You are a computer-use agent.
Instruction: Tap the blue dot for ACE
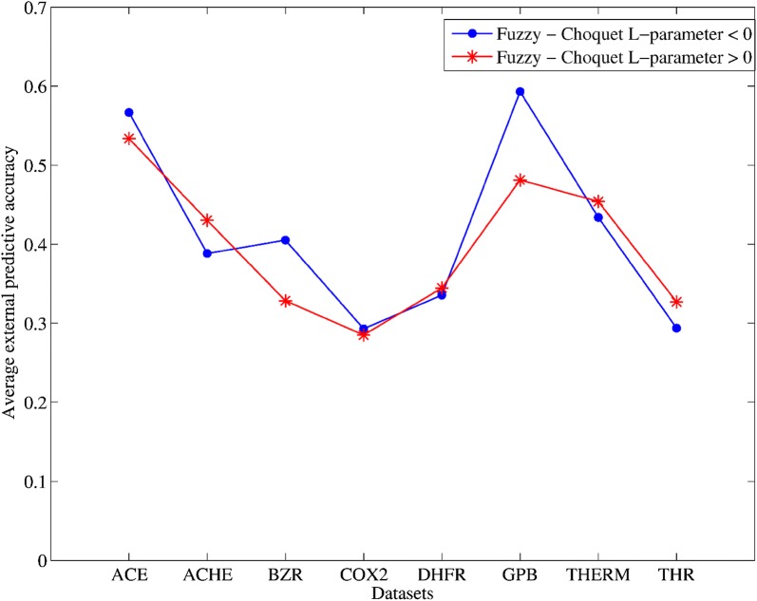click(129, 113)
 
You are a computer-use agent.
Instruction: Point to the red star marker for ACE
click(129, 139)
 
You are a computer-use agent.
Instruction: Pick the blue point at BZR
click(285, 240)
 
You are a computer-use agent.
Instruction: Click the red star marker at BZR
click(285, 301)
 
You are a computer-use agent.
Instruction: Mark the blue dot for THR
click(676, 329)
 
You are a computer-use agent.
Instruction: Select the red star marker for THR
click(676, 302)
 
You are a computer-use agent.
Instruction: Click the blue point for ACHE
click(207, 254)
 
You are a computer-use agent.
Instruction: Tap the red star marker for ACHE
click(207, 220)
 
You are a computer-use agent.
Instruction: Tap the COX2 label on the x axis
click(363, 575)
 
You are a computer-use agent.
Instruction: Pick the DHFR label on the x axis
click(441, 575)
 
